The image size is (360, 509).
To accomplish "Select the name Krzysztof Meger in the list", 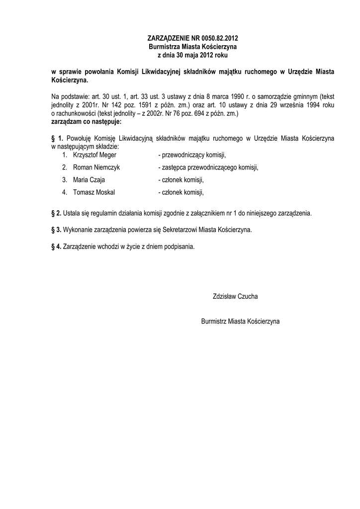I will point(94,155).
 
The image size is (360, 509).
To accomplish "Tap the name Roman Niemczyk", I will point(96,168).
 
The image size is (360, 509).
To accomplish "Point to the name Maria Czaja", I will point(89,180).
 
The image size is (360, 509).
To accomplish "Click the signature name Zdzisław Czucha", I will point(235,296).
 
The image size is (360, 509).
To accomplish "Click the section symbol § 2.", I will point(56,213).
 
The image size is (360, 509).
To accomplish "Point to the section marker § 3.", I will point(56,230).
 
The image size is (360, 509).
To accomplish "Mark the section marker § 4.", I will point(56,246).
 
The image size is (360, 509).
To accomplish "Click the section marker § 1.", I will point(57,137).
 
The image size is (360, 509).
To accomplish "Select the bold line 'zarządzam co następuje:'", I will point(86,121).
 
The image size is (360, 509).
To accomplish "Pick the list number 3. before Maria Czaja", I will point(65,180).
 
